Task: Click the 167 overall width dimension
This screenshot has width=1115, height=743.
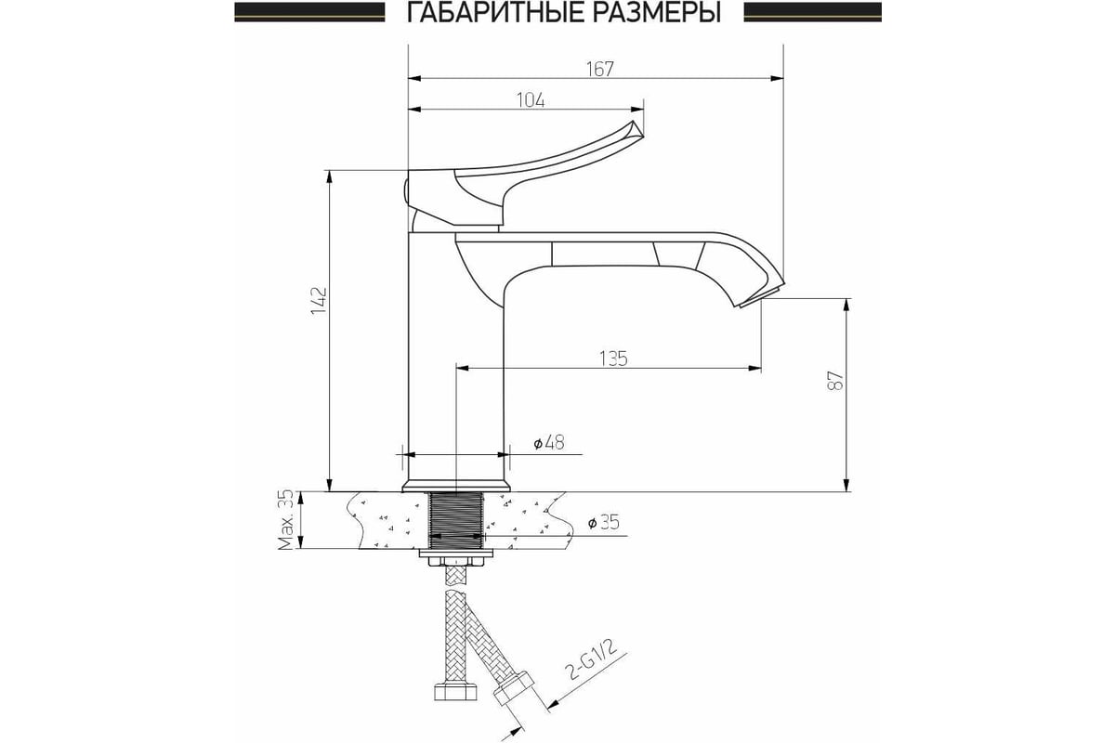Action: point(600,69)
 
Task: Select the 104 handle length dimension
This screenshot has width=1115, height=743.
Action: point(531,100)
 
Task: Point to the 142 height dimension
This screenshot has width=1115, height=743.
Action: point(318,300)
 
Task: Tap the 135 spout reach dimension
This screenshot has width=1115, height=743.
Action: point(613,358)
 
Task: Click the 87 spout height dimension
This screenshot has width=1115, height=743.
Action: point(835,380)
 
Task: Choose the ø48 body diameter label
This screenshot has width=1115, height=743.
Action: point(549,442)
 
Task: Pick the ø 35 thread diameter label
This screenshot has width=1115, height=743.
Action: point(604,523)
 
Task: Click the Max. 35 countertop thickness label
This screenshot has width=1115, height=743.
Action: point(286,520)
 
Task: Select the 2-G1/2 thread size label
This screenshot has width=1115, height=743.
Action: point(592,661)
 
